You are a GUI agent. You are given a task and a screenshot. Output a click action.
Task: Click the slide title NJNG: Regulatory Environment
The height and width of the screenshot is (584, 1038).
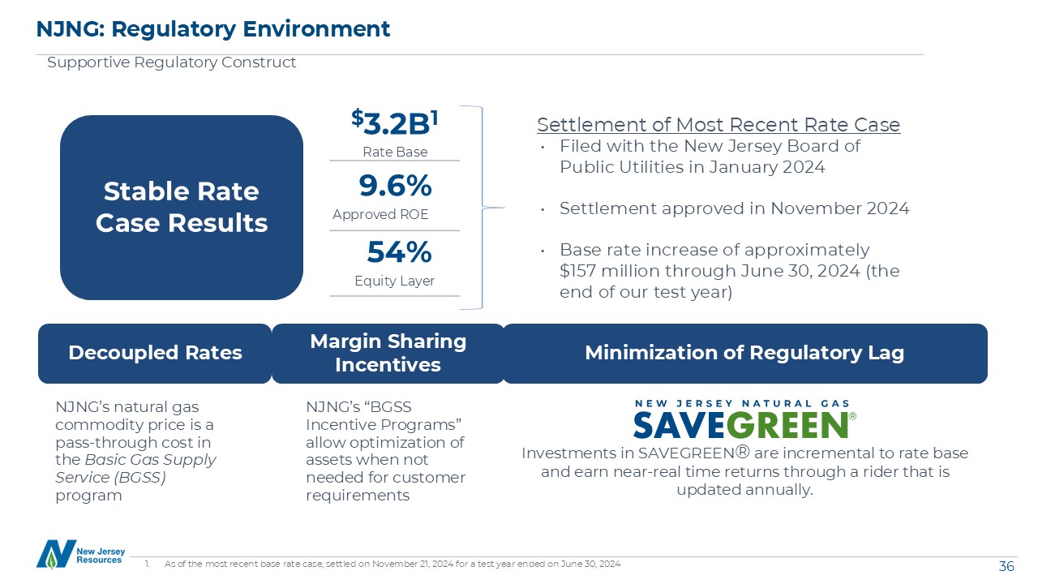pyautogui.click(x=213, y=29)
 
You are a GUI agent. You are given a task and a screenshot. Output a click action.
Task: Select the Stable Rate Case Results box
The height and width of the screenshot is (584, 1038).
pyautogui.click(x=182, y=207)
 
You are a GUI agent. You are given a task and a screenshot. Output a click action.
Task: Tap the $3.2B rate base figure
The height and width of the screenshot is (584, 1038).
pyautogui.click(x=395, y=123)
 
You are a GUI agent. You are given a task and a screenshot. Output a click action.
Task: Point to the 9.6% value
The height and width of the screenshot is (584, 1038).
pyautogui.click(x=395, y=187)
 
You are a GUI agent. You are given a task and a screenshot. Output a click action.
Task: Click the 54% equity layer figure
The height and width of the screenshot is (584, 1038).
pyautogui.click(x=398, y=253)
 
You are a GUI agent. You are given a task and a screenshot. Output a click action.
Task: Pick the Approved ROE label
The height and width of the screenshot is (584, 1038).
pyautogui.click(x=380, y=215)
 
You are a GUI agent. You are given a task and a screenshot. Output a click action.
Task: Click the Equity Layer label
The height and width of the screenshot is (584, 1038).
pyautogui.click(x=394, y=281)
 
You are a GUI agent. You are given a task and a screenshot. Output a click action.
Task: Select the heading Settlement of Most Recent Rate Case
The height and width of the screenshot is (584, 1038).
pyautogui.click(x=718, y=125)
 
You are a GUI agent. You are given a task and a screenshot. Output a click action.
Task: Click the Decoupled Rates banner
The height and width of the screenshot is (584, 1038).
pyautogui.click(x=155, y=353)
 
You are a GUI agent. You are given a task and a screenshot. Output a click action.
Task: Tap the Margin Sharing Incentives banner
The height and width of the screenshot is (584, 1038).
pyautogui.click(x=388, y=353)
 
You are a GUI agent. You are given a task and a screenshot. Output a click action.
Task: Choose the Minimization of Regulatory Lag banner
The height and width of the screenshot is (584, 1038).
pyautogui.click(x=744, y=353)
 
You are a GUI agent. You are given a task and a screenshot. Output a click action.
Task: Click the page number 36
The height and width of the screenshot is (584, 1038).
pyautogui.click(x=1006, y=566)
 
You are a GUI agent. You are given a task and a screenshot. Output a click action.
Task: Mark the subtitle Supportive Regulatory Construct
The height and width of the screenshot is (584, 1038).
pyautogui.click(x=171, y=62)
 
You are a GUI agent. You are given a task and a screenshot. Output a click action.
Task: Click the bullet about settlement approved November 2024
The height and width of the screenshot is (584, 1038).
pyautogui.click(x=734, y=208)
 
